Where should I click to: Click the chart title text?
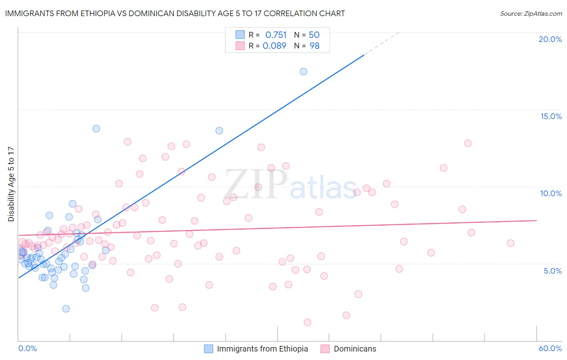(x=175, y=13)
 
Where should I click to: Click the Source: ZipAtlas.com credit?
(x=531, y=13)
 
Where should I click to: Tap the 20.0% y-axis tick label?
(x=550, y=39)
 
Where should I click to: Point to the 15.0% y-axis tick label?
(x=551, y=116)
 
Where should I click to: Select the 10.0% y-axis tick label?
(x=551, y=193)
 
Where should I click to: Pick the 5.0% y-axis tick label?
(x=552, y=271)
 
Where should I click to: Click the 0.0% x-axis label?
(x=27, y=348)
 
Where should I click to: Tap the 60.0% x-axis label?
(x=550, y=348)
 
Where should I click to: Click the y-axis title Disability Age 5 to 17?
(x=11, y=184)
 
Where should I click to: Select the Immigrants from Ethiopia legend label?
(x=262, y=349)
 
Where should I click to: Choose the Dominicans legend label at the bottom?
(x=355, y=349)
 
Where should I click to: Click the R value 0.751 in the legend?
(x=276, y=35)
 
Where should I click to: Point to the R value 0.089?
(x=274, y=46)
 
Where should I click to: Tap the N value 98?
(x=315, y=46)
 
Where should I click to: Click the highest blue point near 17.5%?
(x=303, y=71)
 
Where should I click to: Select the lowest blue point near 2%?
(x=66, y=309)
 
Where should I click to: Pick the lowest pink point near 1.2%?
(x=307, y=322)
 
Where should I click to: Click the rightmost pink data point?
(x=511, y=243)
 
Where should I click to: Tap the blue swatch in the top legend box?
(x=240, y=35)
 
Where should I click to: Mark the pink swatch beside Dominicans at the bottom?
(x=325, y=349)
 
